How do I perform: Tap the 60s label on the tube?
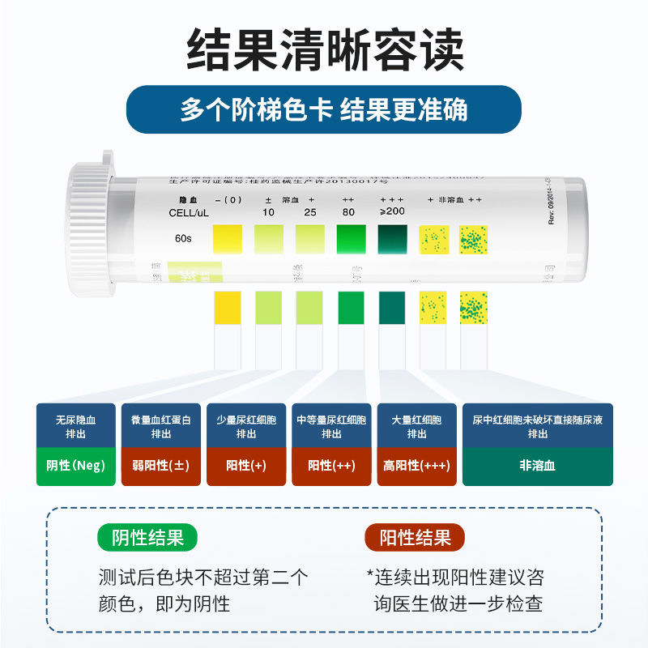tap(183, 239)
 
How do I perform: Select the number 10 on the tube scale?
tap(268, 212)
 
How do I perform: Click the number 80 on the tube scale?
tap(349, 212)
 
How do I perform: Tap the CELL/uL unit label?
tap(189, 212)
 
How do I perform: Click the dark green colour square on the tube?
tap(394, 239)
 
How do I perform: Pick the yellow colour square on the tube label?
tap(227, 239)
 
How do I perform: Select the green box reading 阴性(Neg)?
tap(76, 466)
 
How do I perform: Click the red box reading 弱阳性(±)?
tap(161, 466)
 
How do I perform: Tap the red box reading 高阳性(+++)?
tap(417, 466)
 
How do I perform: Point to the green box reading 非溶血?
tap(537, 466)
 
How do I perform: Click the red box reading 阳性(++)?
tap(331, 466)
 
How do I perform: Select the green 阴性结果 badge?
tap(147, 538)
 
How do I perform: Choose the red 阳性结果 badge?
tap(416, 538)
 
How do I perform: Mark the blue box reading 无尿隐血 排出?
tap(76, 427)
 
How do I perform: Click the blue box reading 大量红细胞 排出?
tap(417, 427)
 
